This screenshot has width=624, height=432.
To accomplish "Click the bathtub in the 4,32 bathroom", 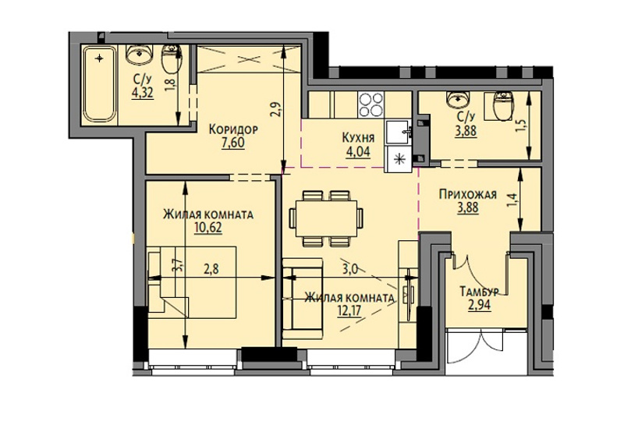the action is coord(99,83).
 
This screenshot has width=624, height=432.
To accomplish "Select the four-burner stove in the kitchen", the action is coord(370,104).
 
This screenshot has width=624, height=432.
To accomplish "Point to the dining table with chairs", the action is coord(326,218).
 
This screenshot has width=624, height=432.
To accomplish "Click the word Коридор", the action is coord(233,129).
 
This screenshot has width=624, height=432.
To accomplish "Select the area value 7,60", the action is coord(233,143).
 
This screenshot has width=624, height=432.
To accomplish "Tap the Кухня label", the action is coord(358,138).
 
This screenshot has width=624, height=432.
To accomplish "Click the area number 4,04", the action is coord(358,151).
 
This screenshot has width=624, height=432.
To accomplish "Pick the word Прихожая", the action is coord(468,194).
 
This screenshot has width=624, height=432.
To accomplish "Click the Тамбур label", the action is coord(479,292).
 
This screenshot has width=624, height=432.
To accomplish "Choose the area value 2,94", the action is coord(480,305).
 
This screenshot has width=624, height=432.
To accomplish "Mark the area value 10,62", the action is coord(208,228).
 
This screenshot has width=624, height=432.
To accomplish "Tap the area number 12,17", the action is coord(349,310).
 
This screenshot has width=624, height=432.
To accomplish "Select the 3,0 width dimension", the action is coord(349,270).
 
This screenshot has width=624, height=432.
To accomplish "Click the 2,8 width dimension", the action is coord(211,269).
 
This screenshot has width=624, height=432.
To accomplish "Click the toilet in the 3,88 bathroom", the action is coord(502,106).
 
